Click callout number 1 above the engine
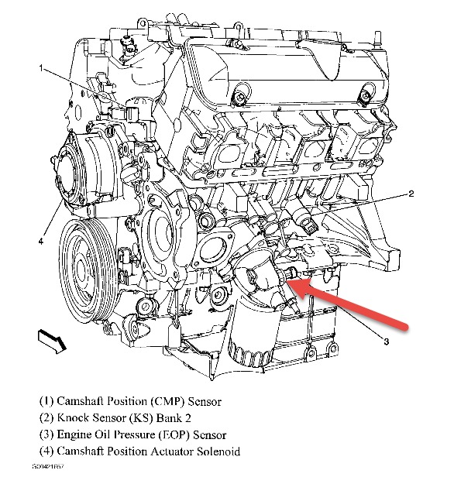tap(41, 68)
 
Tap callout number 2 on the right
tap(411, 194)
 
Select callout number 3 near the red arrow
tap(386, 342)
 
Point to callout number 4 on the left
tap(41, 242)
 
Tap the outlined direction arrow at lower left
tap(52, 341)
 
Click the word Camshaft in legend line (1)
tap(80, 401)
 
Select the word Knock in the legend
tap(73, 418)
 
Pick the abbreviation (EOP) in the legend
tap(174, 435)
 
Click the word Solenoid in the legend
tap(218, 451)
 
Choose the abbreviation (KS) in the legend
tap(141, 418)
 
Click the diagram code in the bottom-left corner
tap(48, 466)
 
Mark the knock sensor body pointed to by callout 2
tap(304, 218)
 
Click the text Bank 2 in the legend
tap(174, 418)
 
